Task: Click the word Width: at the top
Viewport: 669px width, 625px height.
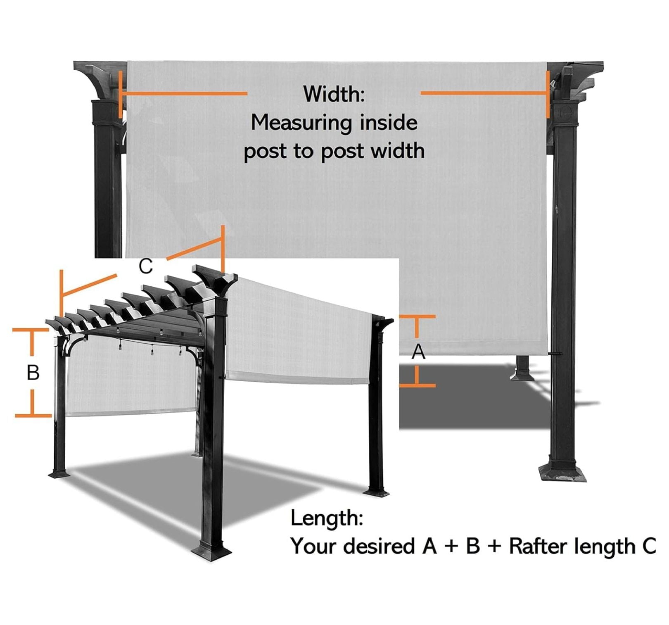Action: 334,94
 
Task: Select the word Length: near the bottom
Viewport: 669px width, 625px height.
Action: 327,518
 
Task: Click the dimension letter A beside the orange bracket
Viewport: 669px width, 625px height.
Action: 419,352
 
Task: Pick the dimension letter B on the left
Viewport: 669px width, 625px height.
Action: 33,373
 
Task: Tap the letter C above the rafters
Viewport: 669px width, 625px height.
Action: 146,266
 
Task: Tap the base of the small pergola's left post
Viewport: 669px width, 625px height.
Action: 59,473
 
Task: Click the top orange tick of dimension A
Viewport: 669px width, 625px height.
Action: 417,317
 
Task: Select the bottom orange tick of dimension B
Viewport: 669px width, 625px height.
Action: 33,415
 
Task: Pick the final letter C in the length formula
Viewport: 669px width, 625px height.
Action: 649,546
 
